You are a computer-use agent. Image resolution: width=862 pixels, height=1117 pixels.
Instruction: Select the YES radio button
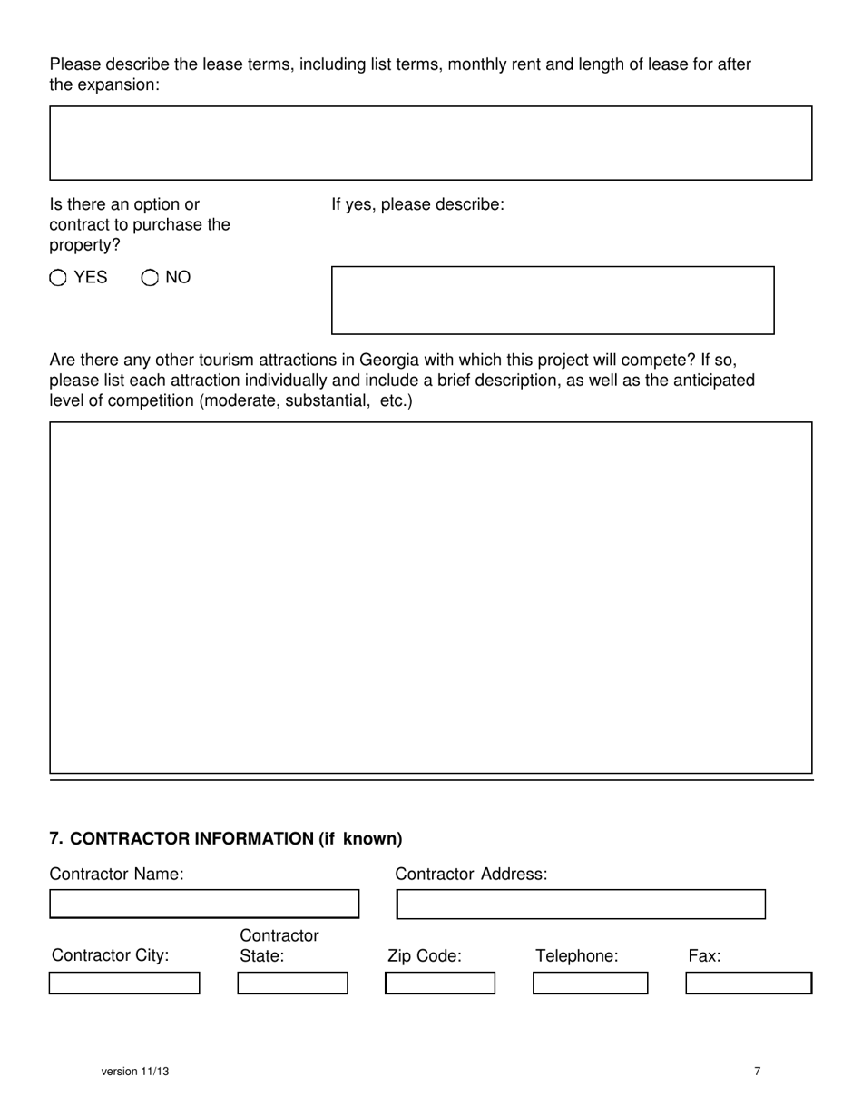[58, 278]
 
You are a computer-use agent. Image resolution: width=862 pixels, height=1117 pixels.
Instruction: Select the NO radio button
[150, 278]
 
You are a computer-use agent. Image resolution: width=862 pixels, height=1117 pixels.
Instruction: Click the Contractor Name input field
[204, 904]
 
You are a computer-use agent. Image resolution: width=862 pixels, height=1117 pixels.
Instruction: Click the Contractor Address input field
[581, 904]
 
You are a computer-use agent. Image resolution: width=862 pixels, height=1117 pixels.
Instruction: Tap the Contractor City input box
[124, 983]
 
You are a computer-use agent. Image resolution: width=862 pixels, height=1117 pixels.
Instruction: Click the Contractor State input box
[292, 983]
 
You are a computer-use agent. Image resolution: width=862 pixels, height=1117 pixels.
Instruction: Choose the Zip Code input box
[440, 983]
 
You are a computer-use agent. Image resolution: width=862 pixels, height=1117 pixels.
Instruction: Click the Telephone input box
[590, 983]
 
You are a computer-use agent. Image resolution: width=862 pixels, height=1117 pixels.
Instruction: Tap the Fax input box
[748, 983]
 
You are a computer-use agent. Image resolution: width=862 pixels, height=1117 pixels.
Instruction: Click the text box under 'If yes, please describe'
[553, 300]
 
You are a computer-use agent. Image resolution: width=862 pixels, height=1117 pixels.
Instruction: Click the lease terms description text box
[430, 143]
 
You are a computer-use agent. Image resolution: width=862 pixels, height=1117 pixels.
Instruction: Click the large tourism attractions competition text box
[430, 597]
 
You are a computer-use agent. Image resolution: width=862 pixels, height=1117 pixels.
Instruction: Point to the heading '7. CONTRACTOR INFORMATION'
[226, 838]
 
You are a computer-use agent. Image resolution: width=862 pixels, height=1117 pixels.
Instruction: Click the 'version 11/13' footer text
[135, 1072]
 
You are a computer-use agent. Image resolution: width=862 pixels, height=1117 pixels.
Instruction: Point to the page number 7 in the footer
[758, 1072]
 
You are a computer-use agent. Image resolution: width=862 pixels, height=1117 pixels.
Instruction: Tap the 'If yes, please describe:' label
[417, 204]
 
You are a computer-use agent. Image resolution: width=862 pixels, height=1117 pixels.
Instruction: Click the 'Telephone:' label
[577, 955]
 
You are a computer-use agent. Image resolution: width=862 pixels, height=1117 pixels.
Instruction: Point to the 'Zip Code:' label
[425, 955]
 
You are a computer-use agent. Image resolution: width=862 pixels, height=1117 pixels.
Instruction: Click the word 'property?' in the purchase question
[84, 245]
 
